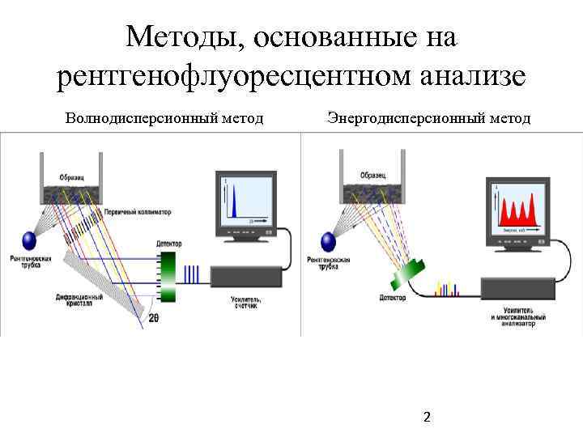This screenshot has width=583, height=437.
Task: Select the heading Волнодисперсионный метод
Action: [164, 119]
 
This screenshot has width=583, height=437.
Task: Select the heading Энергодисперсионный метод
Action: [429, 119]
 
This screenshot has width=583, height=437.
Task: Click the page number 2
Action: [428, 418]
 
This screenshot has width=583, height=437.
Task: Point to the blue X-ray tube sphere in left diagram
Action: [30, 240]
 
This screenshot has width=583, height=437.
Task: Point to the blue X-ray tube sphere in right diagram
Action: [329, 241]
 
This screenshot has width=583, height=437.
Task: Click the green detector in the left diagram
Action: [168, 275]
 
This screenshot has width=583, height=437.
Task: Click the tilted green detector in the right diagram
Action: [411, 274]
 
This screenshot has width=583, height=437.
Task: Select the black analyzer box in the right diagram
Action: [518, 288]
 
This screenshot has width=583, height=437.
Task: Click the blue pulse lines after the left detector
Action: [192, 275]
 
